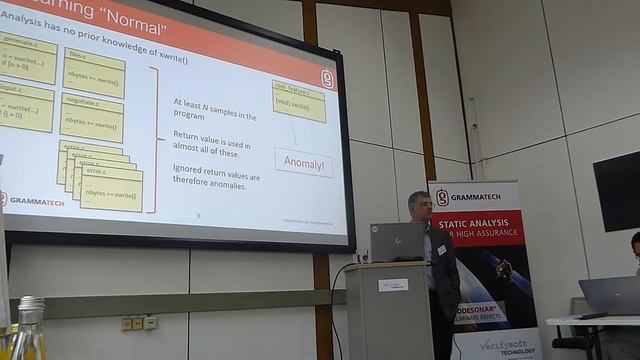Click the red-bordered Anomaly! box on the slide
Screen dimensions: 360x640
[303, 162]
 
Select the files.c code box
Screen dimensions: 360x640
[93, 72]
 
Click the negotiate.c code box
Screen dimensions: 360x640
[91, 115]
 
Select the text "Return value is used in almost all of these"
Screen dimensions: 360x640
[212, 143]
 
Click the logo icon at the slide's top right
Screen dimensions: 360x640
[327, 79]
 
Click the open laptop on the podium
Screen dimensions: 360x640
[396, 243]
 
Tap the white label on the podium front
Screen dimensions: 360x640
[392, 284]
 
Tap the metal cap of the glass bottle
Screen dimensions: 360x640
[31, 304]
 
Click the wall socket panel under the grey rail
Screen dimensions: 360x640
[139, 323]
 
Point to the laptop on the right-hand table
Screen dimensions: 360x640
[608, 295]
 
